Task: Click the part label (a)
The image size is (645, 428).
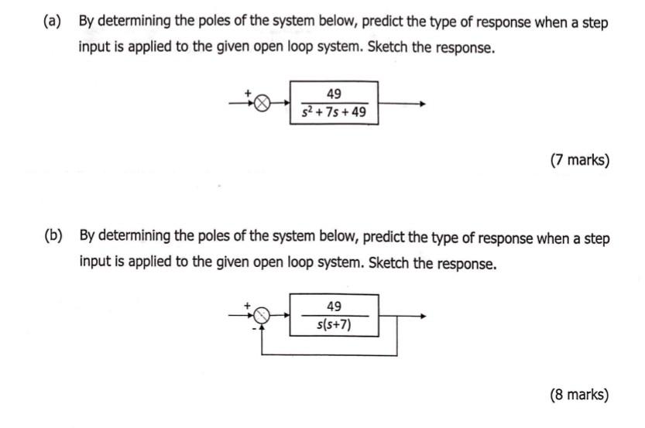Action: pos(53,22)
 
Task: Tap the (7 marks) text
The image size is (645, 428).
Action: pos(579,161)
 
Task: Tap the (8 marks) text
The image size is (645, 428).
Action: pos(579,395)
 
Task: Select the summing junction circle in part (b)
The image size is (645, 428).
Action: pos(262,315)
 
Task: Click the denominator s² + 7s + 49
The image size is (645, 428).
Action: pos(334,114)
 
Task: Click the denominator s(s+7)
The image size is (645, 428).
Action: pos(334,325)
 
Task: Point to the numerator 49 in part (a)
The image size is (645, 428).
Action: pos(334,94)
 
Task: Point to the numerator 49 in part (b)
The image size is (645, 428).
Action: pos(334,306)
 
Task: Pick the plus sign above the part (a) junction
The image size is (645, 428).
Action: pos(249,93)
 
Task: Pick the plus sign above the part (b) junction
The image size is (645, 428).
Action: pos(249,305)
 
